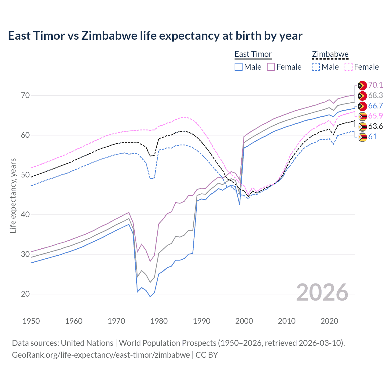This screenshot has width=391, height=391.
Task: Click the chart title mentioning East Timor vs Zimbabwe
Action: pos(155,36)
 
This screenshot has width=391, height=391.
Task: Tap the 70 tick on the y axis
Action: pos(25,95)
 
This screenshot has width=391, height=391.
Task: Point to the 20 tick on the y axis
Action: pos(25,294)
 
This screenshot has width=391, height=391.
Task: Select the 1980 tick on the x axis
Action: pos(159,321)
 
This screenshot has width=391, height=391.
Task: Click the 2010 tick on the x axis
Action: pos(287,321)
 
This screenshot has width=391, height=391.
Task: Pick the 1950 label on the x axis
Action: pos(31,321)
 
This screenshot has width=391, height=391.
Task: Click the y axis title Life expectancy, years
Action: pos(13,195)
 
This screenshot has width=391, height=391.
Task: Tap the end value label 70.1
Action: pos(375,85)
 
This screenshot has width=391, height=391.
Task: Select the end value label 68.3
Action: pos(375,95)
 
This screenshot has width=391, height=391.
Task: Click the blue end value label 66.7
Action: pos(375,106)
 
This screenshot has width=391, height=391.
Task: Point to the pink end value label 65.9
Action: pos(375,116)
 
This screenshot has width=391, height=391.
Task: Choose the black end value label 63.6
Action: pos(375,126)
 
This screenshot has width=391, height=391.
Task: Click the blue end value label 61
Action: pos(372,137)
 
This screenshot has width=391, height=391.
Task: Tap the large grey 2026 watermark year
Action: pos(322,292)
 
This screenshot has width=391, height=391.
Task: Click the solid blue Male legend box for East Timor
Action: pos(239,67)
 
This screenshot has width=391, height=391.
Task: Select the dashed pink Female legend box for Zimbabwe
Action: pos(349,67)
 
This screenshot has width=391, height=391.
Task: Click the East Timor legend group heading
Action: pos(253,54)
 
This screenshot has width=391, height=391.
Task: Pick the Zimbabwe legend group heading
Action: pos(330,54)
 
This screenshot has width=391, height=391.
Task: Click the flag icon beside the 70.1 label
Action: pos(362,85)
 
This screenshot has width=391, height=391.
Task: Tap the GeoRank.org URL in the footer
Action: pos(101,355)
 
